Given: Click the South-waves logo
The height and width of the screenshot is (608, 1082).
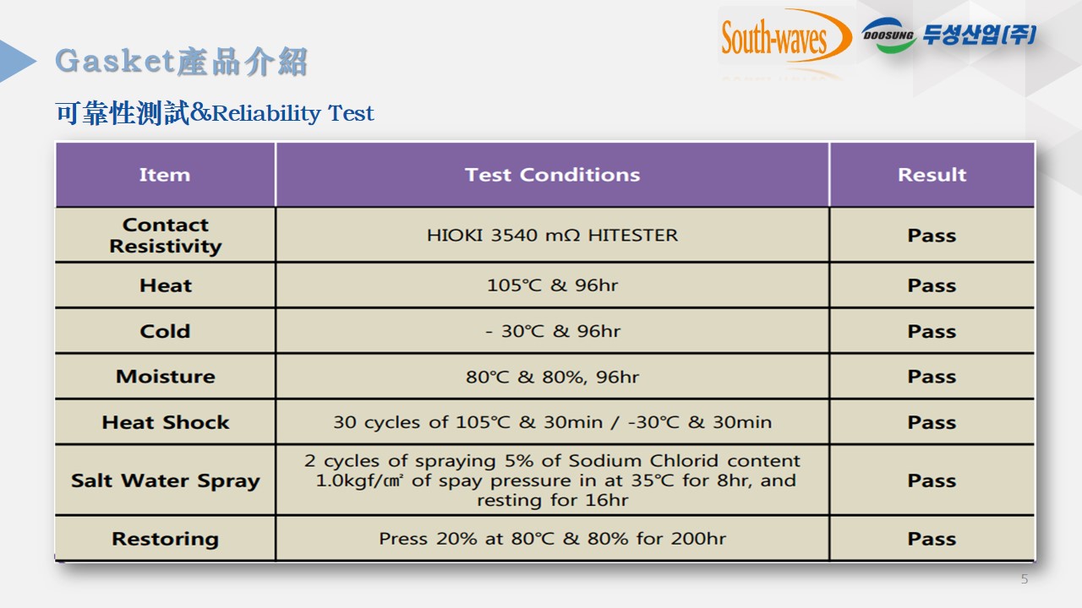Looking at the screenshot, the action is tap(786, 36).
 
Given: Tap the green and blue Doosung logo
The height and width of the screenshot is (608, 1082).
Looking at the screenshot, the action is tap(888, 35).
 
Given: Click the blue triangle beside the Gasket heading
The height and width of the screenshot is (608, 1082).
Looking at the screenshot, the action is tap(18, 61).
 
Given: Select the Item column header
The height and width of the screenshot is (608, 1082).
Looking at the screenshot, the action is tap(165, 175).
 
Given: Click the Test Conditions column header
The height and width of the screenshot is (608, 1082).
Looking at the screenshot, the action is tap(553, 175).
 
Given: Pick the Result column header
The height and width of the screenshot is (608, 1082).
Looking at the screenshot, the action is tap(932, 175).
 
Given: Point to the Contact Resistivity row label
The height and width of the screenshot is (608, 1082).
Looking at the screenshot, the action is tap(166, 236).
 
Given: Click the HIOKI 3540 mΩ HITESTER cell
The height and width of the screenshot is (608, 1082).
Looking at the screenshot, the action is tap(553, 236).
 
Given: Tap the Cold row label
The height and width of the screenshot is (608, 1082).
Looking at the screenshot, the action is tap(165, 332).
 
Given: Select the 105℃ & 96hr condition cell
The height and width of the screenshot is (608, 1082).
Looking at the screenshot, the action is tap(553, 285).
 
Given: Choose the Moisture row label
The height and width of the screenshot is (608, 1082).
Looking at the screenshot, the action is tap(166, 377).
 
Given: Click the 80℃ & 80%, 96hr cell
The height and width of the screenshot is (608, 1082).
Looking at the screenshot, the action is tap(553, 377).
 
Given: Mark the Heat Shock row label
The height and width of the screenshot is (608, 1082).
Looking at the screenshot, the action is tap(166, 422).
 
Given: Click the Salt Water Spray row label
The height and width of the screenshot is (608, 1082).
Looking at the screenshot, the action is tap(166, 481).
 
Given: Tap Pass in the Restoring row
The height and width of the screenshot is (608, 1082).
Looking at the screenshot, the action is tap(932, 539).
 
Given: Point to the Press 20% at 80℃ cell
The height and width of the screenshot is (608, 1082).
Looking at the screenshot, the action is tap(553, 539).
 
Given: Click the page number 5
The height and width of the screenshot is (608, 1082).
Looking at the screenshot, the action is tap(1025, 579).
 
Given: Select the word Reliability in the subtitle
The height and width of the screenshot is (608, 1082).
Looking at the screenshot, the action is tap(266, 114).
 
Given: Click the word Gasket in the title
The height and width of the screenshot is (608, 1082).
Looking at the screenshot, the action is tap(114, 62).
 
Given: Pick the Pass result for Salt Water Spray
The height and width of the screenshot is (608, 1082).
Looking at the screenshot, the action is tap(932, 480).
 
